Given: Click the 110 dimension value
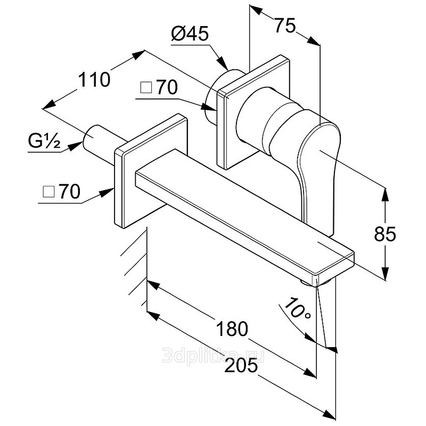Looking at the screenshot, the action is (x=94, y=79).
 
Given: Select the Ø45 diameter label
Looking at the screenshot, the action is (x=190, y=34).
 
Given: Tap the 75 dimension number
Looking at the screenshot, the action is (x=285, y=26).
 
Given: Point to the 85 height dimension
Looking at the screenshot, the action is (x=385, y=234).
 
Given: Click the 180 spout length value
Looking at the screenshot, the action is (x=232, y=329).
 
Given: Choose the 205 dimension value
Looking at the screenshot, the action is (x=241, y=365).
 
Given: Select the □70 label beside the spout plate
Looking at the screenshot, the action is (x=62, y=191).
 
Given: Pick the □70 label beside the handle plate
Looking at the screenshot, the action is (x=159, y=87).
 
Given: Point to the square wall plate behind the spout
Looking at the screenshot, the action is (x=151, y=170).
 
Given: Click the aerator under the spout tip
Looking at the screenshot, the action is (x=318, y=283).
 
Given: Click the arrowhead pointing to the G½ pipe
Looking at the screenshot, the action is (x=75, y=146).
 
